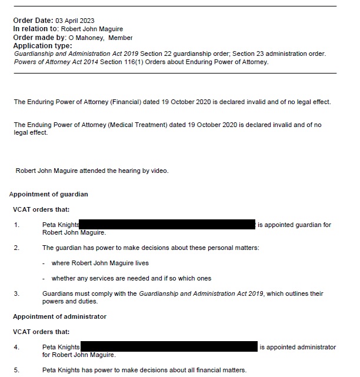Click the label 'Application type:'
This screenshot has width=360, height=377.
pos(42,46)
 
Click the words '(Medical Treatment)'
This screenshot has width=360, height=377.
pos(131,125)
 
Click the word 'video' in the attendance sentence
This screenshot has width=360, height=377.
pos(158,171)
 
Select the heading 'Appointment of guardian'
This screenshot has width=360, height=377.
pos(49,193)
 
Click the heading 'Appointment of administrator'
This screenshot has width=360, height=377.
pos(59,316)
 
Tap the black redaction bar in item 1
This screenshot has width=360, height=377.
pos(167,224)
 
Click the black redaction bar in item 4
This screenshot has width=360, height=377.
pos(169,347)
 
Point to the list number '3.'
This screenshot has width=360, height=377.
pos(16,293)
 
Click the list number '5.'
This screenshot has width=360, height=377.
pos(16,370)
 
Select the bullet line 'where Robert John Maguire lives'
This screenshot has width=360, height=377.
pos(100,263)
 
